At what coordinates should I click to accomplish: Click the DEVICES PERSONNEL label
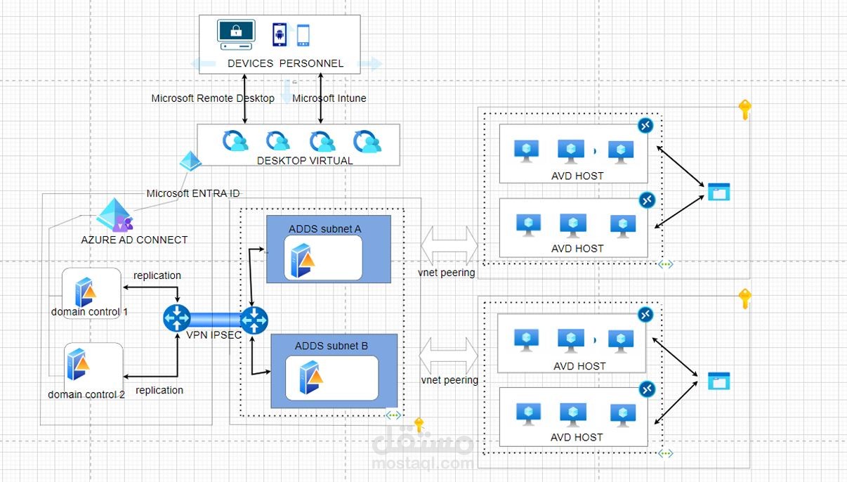pyautogui.click(x=285, y=63)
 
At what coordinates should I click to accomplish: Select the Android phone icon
pyautogui.click(x=280, y=34)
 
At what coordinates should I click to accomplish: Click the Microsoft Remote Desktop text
pyautogui.click(x=213, y=98)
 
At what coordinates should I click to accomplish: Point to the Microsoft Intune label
pyautogui.click(x=329, y=98)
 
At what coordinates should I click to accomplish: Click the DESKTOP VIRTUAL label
pyautogui.click(x=305, y=160)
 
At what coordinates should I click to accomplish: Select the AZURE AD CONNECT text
pyautogui.click(x=134, y=240)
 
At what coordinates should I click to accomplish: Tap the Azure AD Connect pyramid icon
pyautogui.click(x=114, y=214)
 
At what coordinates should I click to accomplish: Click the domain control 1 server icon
pyautogui.click(x=86, y=291)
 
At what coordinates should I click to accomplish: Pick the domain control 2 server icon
pyautogui.click(x=78, y=364)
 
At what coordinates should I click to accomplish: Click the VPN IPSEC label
pyautogui.click(x=214, y=335)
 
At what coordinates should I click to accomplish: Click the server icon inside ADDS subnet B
pyautogui.click(x=310, y=377)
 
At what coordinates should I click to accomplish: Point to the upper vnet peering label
pyautogui.click(x=447, y=272)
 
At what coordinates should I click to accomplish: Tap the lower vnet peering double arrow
pyautogui.click(x=449, y=350)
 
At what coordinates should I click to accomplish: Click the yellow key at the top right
pyautogui.click(x=744, y=110)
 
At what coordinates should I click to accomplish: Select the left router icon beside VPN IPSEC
pyautogui.click(x=176, y=318)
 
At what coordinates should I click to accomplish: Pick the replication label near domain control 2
pyautogui.click(x=159, y=390)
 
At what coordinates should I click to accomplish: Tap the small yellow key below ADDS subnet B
pyautogui.click(x=419, y=424)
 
